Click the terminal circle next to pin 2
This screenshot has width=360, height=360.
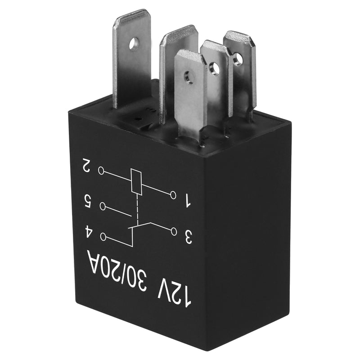click(x=102, y=171)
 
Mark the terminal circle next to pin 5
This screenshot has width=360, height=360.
click(x=103, y=206)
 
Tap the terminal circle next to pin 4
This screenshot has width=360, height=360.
click(x=104, y=236)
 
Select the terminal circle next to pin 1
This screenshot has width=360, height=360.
click(x=173, y=195)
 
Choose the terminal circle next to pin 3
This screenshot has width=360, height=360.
click(x=174, y=231)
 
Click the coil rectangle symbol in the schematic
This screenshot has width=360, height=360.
click(x=136, y=181)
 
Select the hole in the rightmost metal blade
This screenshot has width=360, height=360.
click(x=237, y=59)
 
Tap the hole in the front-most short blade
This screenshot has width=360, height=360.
click(x=189, y=80)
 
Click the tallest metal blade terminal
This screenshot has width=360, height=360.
click(x=131, y=58)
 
